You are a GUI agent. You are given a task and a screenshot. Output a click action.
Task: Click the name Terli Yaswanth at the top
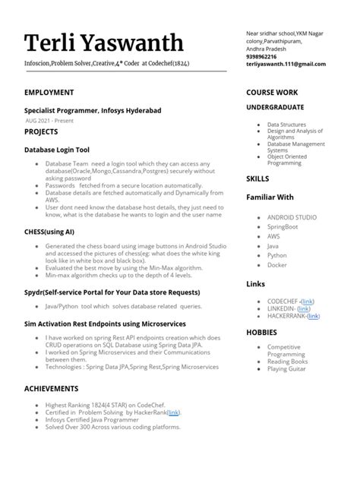[103, 44]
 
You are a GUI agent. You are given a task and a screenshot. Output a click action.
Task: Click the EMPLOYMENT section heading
[49, 93]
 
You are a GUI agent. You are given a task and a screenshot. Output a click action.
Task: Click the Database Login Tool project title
[57, 150]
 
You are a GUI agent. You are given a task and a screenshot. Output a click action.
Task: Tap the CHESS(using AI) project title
[50, 230]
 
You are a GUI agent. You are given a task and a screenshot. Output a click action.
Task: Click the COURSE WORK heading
[271, 93]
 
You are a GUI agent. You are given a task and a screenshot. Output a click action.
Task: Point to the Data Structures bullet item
[287, 124]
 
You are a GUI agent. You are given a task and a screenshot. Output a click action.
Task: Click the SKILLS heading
[257, 178]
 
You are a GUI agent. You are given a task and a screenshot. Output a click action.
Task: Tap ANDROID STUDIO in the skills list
[292, 217]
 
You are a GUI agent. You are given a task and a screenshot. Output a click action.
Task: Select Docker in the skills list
[277, 265]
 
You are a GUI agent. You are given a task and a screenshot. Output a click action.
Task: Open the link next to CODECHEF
[308, 302]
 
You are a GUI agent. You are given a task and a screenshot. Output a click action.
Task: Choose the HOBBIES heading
[261, 333]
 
